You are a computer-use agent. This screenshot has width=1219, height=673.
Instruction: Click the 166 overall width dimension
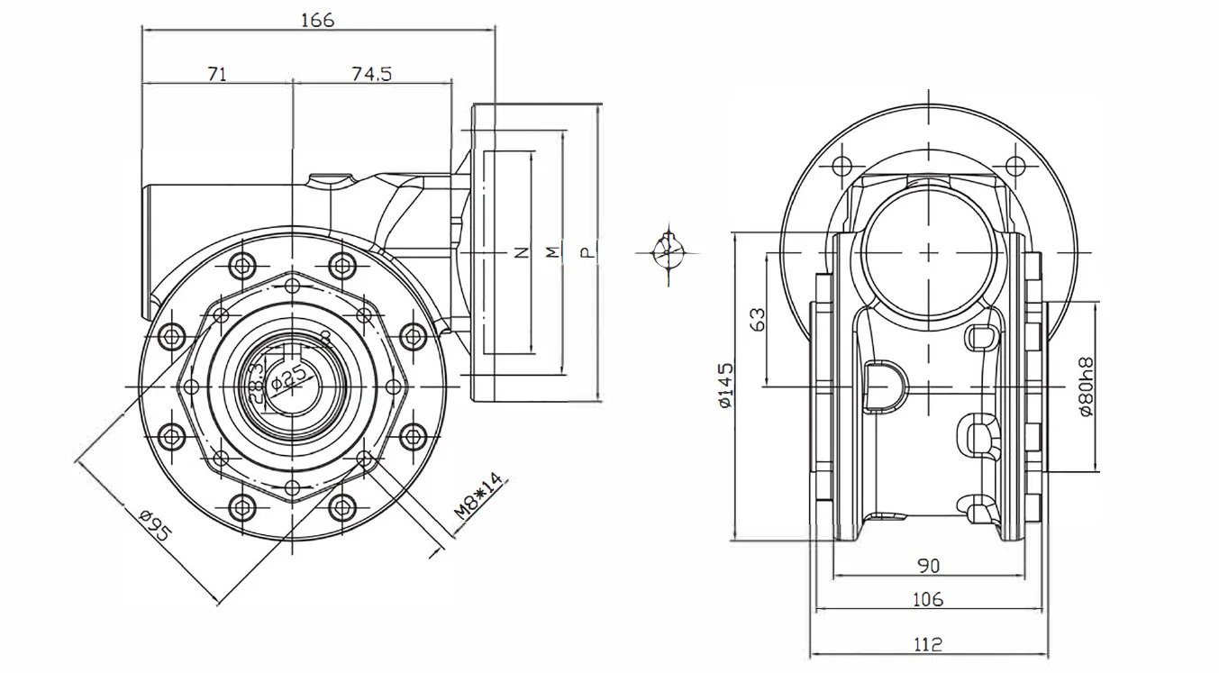point(317,20)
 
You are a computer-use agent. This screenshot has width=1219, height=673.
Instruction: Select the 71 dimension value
point(217,74)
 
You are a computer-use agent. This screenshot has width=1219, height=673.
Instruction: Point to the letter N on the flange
point(520,253)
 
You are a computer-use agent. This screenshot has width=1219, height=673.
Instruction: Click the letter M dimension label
point(552,253)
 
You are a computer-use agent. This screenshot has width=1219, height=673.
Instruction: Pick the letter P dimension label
point(587,253)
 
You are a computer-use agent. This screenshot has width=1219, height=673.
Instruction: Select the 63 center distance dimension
point(758,319)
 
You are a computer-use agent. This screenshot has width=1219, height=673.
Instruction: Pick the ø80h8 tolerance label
point(1086,386)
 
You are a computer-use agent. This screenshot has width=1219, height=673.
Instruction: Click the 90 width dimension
point(928,566)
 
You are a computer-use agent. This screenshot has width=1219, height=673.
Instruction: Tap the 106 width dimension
point(928,599)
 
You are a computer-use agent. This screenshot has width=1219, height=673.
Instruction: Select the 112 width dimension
point(928,644)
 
